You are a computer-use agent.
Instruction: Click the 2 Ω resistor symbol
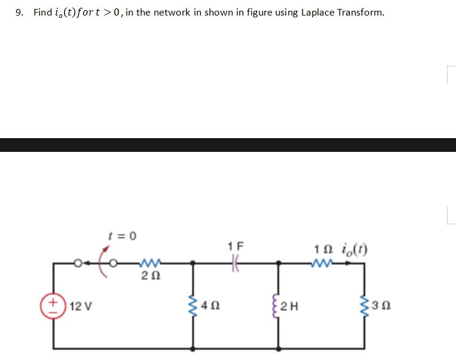pyautogui.click(x=148, y=262)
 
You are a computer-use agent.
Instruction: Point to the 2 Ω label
pyautogui.click(x=148, y=276)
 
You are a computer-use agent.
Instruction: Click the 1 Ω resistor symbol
pyautogui.click(x=322, y=262)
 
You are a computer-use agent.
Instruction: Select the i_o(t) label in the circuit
pyautogui.click(x=353, y=248)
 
